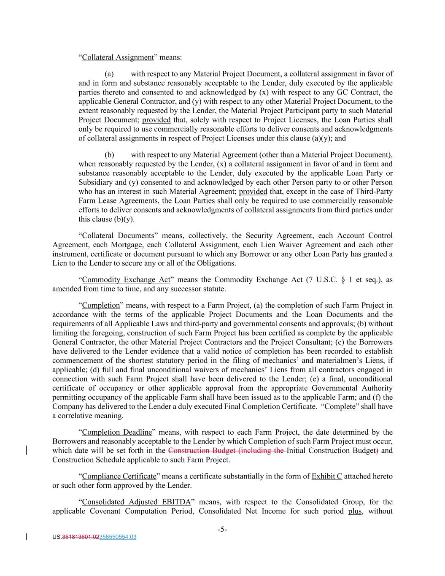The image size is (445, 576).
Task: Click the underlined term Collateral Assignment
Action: click(x=118, y=57)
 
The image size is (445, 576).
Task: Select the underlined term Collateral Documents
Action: click(x=118, y=235)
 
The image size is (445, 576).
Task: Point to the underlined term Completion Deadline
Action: click(x=117, y=432)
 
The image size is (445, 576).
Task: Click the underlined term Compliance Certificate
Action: click(x=119, y=476)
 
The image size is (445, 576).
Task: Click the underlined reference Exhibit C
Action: click(x=326, y=476)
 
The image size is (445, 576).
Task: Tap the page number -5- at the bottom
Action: click(x=222, y=530)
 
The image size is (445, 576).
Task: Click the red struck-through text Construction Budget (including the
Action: click(x=227, y=451)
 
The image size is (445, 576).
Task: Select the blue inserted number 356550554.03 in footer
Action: click(x=118, y=537)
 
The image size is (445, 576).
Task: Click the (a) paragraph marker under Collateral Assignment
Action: click(x=109, y=74)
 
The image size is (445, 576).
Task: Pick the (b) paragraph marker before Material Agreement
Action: click(x=109, y=155)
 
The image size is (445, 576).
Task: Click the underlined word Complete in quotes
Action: click(x=340, y=407)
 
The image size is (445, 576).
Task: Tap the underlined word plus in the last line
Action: click(x=355, y=511)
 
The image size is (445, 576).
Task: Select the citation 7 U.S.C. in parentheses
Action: click(x=325, y=280)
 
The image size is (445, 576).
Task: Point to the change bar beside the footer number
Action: click(x=27, y=537)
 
